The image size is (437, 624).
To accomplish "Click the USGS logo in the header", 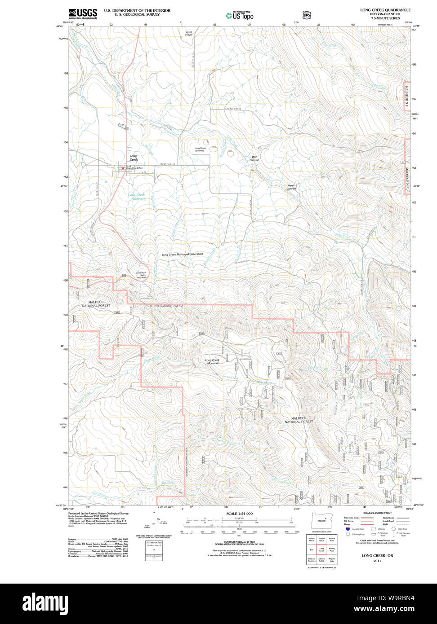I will pyautogui.click(x=83, y=13).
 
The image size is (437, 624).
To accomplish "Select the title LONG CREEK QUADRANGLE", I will pyautogui.click(x=385, y=10).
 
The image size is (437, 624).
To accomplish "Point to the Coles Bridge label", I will pyautogui.click(x=188, y=33).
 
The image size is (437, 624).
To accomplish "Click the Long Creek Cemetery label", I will pyautogui.click(x=200, y=149).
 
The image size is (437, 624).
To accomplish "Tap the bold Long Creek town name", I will pyautogui.click(x=134, y=158).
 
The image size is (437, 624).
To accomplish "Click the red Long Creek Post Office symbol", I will pyautogui.click(x=123, y=169).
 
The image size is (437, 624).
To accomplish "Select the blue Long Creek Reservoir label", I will pyautogui.click(x=137, y=197).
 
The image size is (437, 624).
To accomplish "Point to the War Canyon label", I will pyautogui.click(x=254, y=158).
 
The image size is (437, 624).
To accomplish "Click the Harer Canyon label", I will pyautogui.click(x=291, y=187).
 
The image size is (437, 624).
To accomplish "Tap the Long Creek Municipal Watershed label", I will pyautogui.click(x=182, y=255).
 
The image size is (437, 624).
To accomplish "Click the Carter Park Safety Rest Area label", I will pyautogui.click(x=142, y=275).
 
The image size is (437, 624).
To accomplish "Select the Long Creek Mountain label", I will pyautogui.click(x=212, y=361).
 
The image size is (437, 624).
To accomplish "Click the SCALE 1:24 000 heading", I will pyautogui.click(x=239, y=514).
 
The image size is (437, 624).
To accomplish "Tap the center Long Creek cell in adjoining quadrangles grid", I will pyautogui.click(x=321, y=549).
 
